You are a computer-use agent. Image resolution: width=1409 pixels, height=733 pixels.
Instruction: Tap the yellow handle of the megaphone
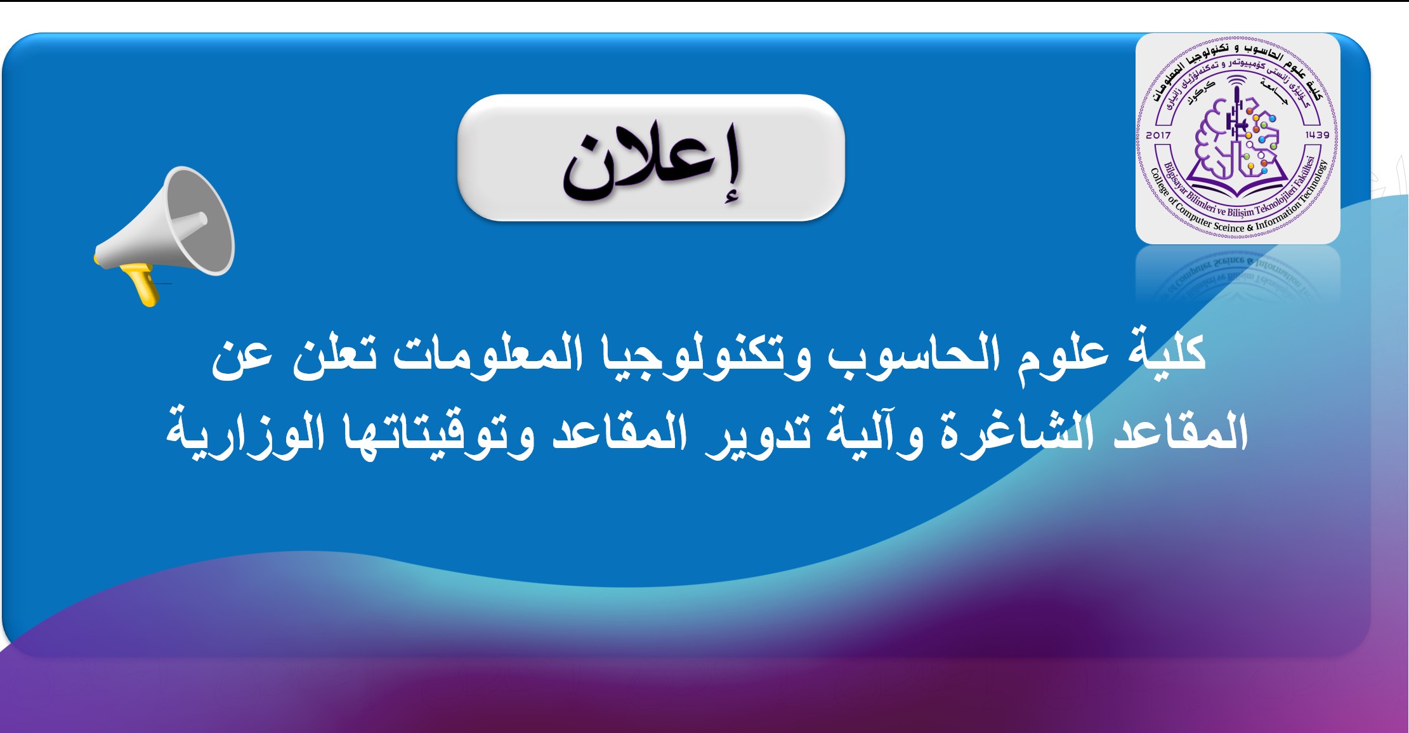pyautogui.click(x=143, y=285)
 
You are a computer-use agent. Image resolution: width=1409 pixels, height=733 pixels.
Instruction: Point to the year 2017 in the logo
pyautogui.click(x=1158, y=135)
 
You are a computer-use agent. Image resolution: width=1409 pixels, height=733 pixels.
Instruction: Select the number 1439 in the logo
pyautogui.click(x=1317, y=135)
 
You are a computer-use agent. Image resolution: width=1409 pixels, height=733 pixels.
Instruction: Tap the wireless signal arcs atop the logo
pyautogui.click(x=1236, y=81)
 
